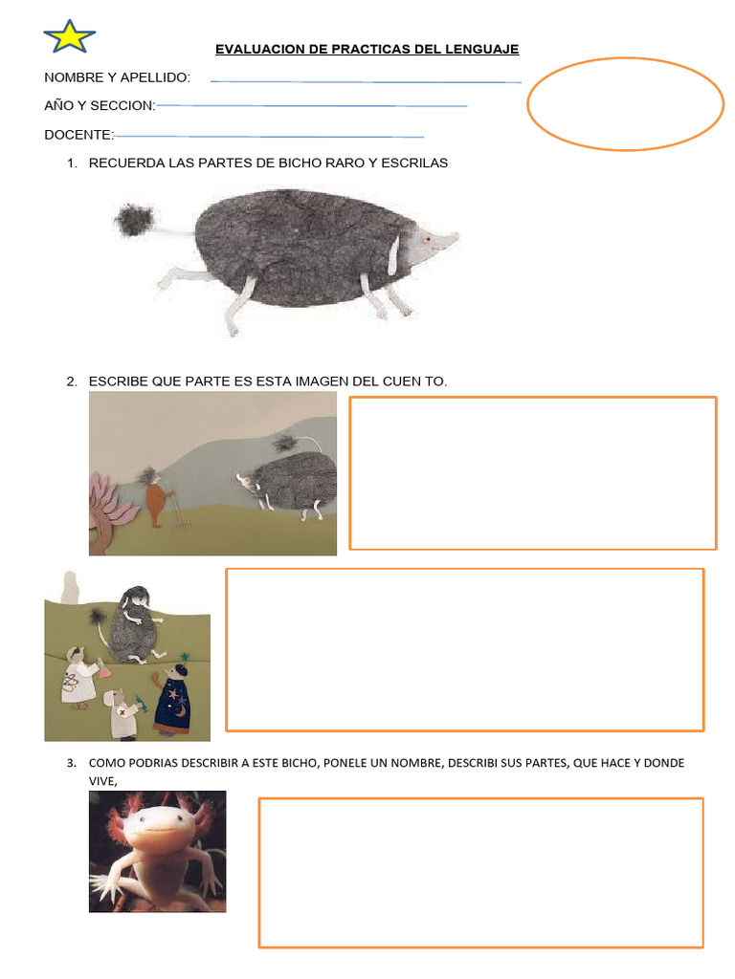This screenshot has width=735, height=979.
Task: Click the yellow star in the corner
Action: [x=69, y=36]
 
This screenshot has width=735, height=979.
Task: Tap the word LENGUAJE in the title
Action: [x=483, y=49]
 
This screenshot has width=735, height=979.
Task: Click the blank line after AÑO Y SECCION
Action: [x=311, y=105]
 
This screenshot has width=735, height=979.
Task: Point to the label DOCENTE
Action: [x=78, y=134]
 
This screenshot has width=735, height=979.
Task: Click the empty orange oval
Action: [x=625, y=103]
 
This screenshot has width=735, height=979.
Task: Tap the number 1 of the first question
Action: [x=72, y=163]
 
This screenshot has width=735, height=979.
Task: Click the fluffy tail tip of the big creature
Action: [x=134, y=221]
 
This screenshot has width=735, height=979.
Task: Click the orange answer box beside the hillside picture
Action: [x=533, y=473]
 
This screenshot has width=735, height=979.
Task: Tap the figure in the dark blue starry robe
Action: [x=172, y=703]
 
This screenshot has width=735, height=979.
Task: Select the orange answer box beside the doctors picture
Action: [x=464, y=649]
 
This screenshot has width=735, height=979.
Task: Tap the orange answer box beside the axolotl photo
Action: [x=481, y=872]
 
